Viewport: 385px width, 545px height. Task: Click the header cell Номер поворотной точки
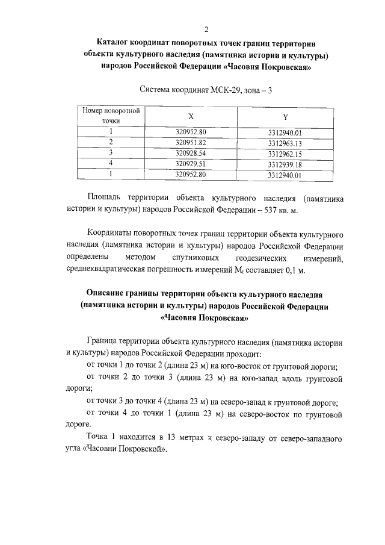click(x=111, y=116)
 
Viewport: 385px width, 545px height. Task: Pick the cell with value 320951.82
click(x=191, y=142)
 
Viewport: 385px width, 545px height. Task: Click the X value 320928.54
click(x=191, y=153)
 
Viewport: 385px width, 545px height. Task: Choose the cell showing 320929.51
click(x=191, y=164)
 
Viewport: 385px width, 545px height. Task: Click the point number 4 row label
click(x=111, y=164)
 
